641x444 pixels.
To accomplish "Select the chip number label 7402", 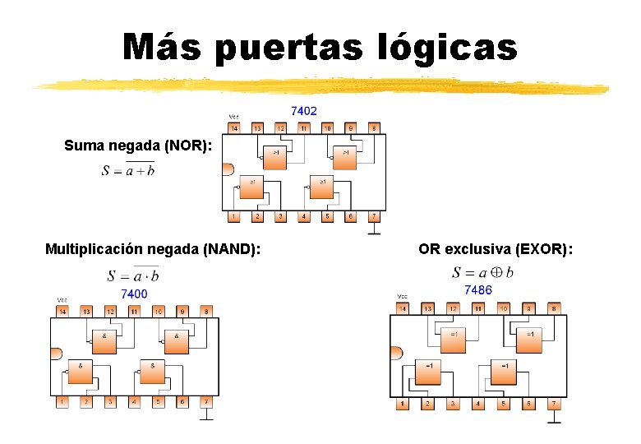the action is [x=304, y=111].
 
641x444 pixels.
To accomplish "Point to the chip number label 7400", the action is [x=134, y=294].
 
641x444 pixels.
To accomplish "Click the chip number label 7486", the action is [x=478, y=289].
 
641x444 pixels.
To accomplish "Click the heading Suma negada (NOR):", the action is [x=139, y=146].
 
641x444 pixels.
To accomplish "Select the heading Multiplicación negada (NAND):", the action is [x=154, y=248].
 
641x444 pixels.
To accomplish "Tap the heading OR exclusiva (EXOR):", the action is [x=495, y=248].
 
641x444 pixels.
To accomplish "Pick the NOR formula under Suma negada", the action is [x=128, y=170].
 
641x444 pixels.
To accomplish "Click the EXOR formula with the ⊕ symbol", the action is [x=482, y=272].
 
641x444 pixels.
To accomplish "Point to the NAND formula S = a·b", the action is [x=133, y=275].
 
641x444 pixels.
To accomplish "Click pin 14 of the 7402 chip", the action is [x=233, y=128].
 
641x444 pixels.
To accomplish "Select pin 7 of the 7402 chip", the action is [x=375, y=216].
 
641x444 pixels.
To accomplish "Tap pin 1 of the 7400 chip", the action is [x=62, y=401].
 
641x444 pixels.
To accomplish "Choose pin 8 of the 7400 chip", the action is [x=205, y=312].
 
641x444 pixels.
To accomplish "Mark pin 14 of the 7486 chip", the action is [x=402, y=308].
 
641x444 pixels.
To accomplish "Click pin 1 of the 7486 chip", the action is [x=402, y=404].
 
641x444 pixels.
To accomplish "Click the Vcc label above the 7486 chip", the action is [x=403, y=296].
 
